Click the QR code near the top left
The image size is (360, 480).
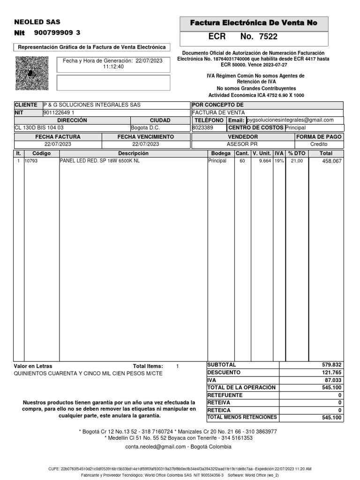(32, 73)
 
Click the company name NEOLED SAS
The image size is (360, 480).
(37, 22)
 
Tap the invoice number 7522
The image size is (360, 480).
(268, 37)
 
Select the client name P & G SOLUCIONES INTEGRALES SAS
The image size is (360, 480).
(92, 105)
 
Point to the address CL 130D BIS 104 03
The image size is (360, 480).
(39, 127)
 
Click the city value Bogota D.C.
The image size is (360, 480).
(146, 127)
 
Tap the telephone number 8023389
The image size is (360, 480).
(203, 127)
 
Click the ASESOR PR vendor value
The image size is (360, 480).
(242, 144)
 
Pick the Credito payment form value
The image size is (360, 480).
(319, 144)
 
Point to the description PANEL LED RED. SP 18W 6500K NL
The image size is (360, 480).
(100, 161)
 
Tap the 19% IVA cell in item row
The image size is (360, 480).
(279, 161)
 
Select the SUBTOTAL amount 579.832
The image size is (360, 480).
(332, 365)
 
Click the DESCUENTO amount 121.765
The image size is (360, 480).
(332, 372)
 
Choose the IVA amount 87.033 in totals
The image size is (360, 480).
(333, 380)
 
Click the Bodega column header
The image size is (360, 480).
(221, 153)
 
